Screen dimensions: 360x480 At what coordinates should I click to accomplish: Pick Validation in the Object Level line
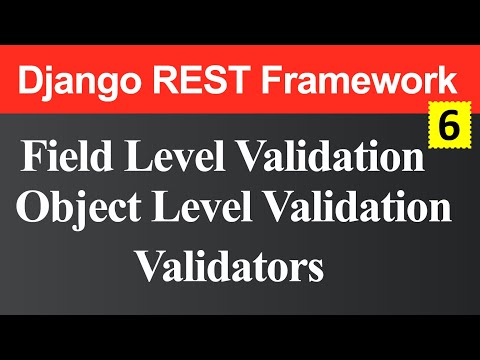(x=360, y=211)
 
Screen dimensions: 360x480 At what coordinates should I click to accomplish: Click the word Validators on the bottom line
(x=230, y=265)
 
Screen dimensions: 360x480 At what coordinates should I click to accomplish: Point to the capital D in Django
(x=33, y=78)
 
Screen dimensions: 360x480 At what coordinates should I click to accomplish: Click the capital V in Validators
(x=148, y=265)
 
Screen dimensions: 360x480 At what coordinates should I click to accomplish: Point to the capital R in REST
(x=165, y=78)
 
